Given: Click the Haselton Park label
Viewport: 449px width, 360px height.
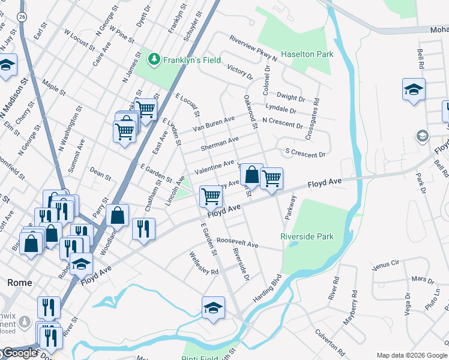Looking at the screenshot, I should click(x=307, y=54).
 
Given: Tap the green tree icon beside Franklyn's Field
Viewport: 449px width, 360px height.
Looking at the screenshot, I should click(x=154, y=59).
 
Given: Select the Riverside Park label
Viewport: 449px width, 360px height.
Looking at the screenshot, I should click(x=307, y=236).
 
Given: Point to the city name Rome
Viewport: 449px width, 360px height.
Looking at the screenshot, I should click(x=19, y=282).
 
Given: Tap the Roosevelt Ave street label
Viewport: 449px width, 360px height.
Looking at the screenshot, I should click(x=237, y=243).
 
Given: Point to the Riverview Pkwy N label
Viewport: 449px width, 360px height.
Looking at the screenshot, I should click(x=253, y=48).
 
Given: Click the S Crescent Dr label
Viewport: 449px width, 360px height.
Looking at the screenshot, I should click(x=305, y=154).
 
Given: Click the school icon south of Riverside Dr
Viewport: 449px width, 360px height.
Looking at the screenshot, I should click(x=213, y=308).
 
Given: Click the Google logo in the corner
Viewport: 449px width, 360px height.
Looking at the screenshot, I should click(x=19, y=353).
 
